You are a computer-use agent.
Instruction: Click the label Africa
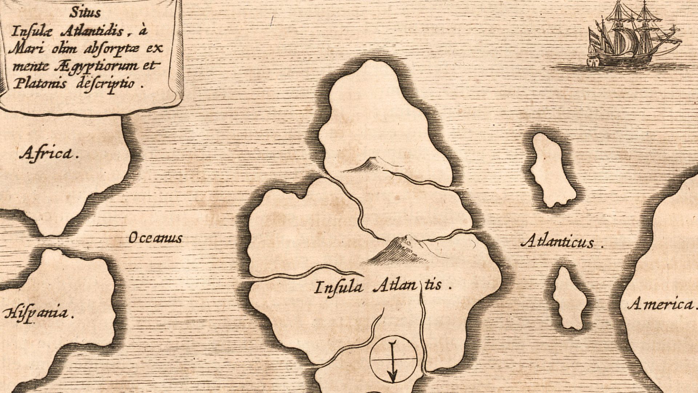(49, 154)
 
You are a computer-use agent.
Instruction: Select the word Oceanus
(155, 238)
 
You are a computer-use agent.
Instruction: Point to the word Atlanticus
(558, 242)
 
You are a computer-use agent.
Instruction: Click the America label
(660, 304)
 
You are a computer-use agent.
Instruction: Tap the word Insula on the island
(338, 288)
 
